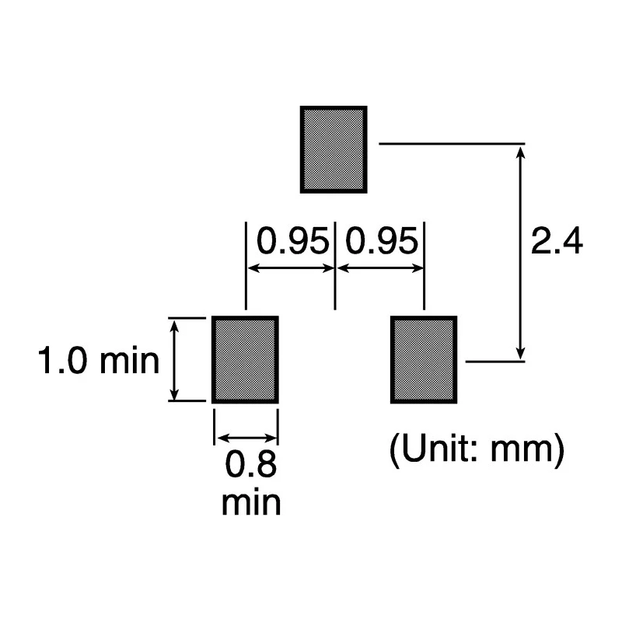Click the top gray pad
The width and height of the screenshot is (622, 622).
pos(334,149)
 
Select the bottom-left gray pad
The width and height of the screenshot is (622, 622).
pos(245,359)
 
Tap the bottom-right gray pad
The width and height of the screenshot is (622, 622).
pos(424,359)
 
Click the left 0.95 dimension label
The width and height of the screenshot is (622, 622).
pos(293,241)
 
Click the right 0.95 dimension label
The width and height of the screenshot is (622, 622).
pos(382,241)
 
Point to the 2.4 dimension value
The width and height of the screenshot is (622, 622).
pos(557,241)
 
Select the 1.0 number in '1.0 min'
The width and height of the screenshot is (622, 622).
pos(62,360)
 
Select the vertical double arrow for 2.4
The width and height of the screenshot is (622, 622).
pos(520,253)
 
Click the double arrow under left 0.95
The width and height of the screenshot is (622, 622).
pos(291,268)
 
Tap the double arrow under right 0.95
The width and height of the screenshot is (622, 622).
pos(380,268)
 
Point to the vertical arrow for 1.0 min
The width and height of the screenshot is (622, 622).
pos(174,359)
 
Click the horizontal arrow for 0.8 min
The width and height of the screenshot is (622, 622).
pos(246,439)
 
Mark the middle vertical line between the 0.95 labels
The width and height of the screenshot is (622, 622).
pos(335,265)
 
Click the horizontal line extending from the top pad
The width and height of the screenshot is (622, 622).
pos(452,143)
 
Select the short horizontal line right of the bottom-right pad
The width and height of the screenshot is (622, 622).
pos(495,362)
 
